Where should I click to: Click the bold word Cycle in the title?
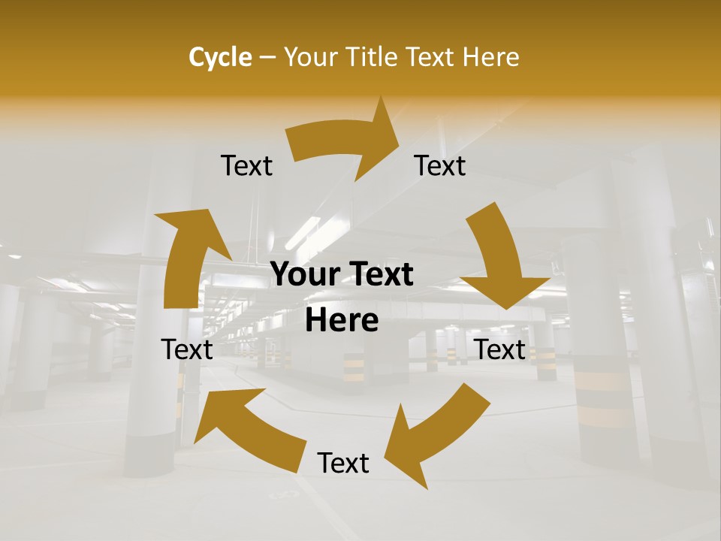click(220, 57)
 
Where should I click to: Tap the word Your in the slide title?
click(309, 57)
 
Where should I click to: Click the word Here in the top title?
click(492, 57)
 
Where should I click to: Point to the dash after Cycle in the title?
click(267, 58)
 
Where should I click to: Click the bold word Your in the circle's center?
click(303, 275)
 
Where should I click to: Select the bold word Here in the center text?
click(342, 321)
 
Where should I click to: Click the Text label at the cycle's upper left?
click(246, 166)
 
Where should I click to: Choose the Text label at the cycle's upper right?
click(440, 166)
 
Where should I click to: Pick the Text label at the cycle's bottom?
click(343, 464)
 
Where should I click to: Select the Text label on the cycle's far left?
click(187, 349)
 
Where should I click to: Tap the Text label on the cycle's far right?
click(500, 349)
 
